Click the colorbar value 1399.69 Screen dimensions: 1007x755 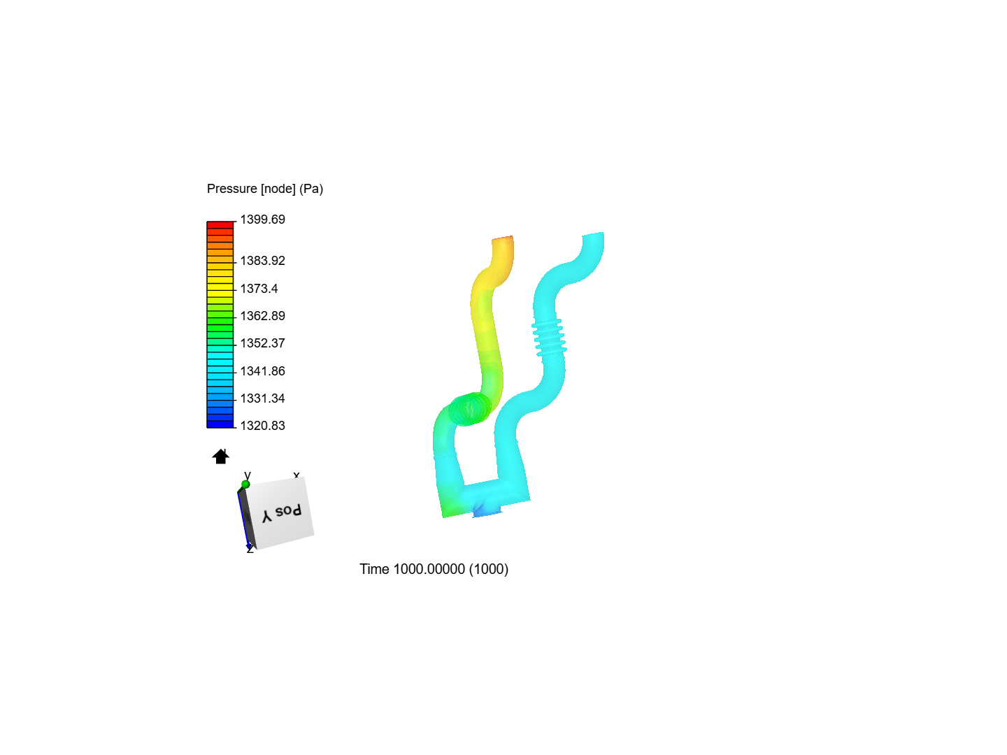(x=262, y=220)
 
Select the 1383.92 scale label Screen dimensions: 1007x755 (x=262, y=261)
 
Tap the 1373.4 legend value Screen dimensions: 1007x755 (x=259, y=288)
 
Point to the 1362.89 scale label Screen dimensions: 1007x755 (x=262, y=316)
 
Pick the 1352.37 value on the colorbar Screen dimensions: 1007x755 (x=262, y=343)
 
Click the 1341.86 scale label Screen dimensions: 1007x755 (x=262, y=371)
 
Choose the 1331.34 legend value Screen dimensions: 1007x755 (x=262, y=398)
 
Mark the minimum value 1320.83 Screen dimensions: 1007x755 (x=262, y=426)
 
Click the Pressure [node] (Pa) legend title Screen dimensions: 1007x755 (x=265, y=189)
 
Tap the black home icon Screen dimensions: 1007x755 (x=221, y=456)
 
